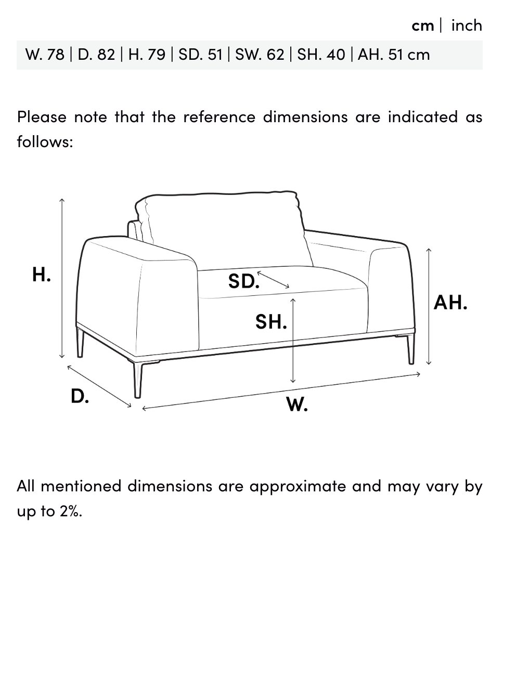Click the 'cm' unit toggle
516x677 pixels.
pos(422,26)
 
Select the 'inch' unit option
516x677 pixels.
pos(467,25)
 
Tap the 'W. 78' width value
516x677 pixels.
pos(45,55)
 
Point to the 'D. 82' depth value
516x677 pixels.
pos(96,55)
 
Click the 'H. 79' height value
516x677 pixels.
pos(147,55)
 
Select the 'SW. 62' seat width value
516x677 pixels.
pos(260,55)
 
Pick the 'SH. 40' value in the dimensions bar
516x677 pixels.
pos(321,55)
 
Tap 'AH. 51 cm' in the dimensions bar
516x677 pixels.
pos(394,55)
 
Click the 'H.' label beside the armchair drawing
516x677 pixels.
pos(42,275)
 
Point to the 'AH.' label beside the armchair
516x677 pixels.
pos(450,303)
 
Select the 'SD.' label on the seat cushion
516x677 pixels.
pos(243,281)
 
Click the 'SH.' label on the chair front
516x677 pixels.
pos(271,322)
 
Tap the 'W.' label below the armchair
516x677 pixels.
pos(296,404)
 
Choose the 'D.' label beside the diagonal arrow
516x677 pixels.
pos(80,396)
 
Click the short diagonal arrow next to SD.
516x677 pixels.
pos(273,280)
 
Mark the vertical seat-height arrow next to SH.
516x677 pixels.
pos(293,341)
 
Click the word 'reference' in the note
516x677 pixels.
pos(220,117)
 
